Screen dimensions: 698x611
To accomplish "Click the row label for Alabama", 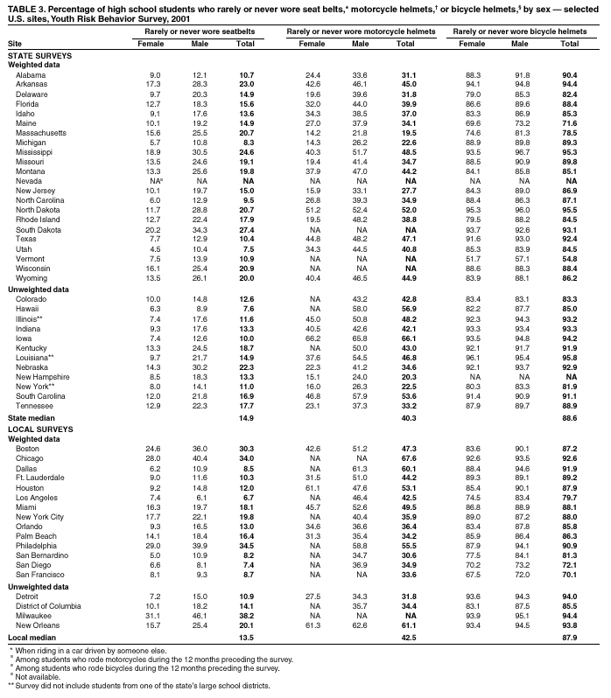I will coord(31,76).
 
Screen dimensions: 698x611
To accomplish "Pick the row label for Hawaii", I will coord(28,308).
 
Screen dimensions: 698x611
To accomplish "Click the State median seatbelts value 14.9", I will coord(246,418).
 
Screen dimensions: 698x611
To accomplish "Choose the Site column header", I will coord(15,43).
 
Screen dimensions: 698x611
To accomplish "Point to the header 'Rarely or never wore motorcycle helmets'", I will coord(362,31).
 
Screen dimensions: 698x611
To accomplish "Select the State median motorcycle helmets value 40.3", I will coord(406,418).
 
